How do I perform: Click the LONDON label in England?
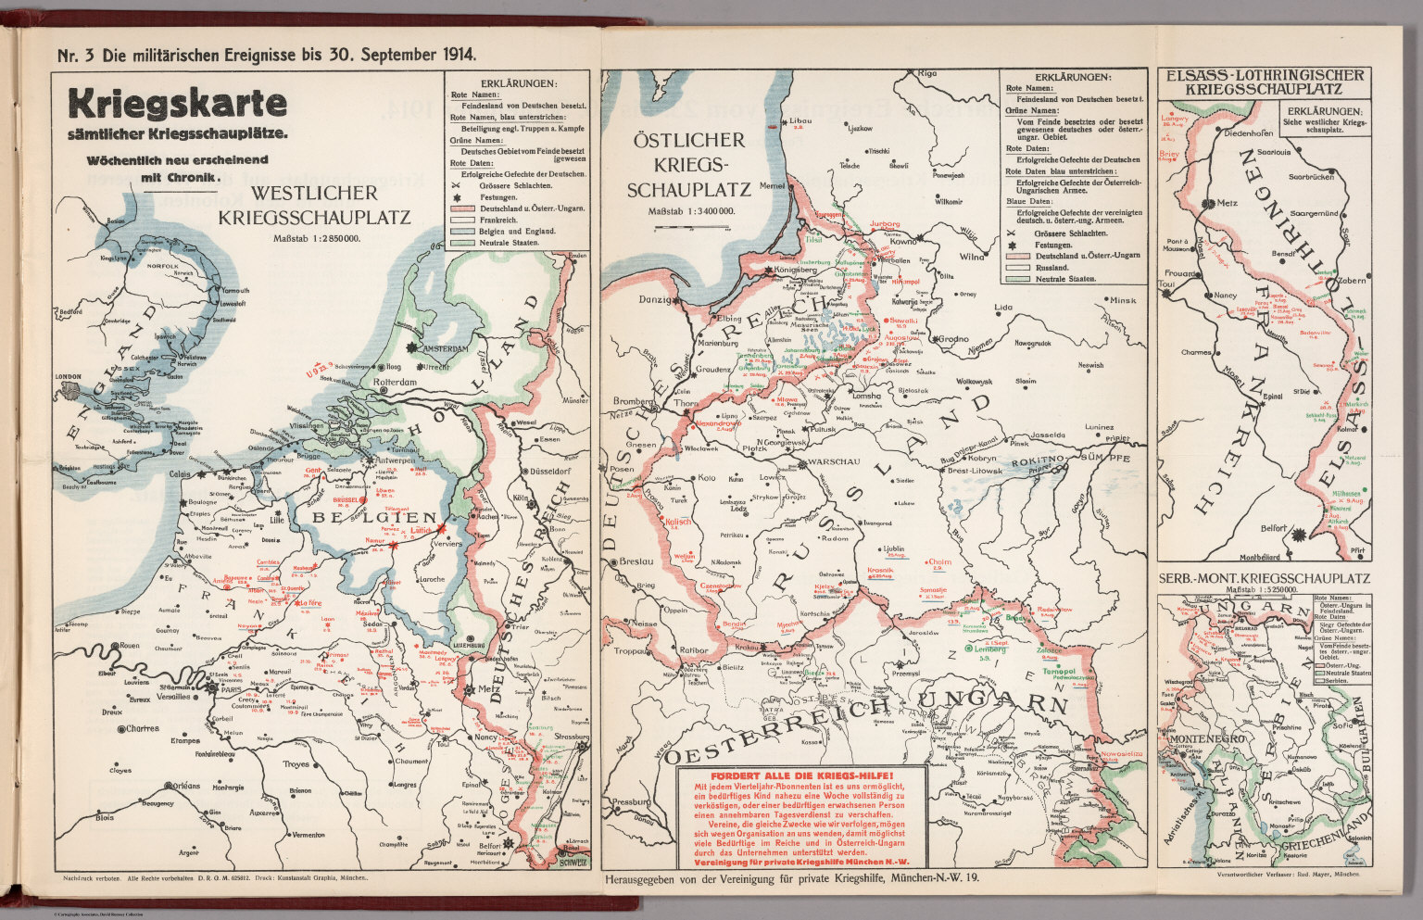point(70,377)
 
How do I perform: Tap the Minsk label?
point(1122,300)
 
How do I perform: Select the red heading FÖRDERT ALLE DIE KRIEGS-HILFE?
point(801,775)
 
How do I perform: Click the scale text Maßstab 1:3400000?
point(691,211)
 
